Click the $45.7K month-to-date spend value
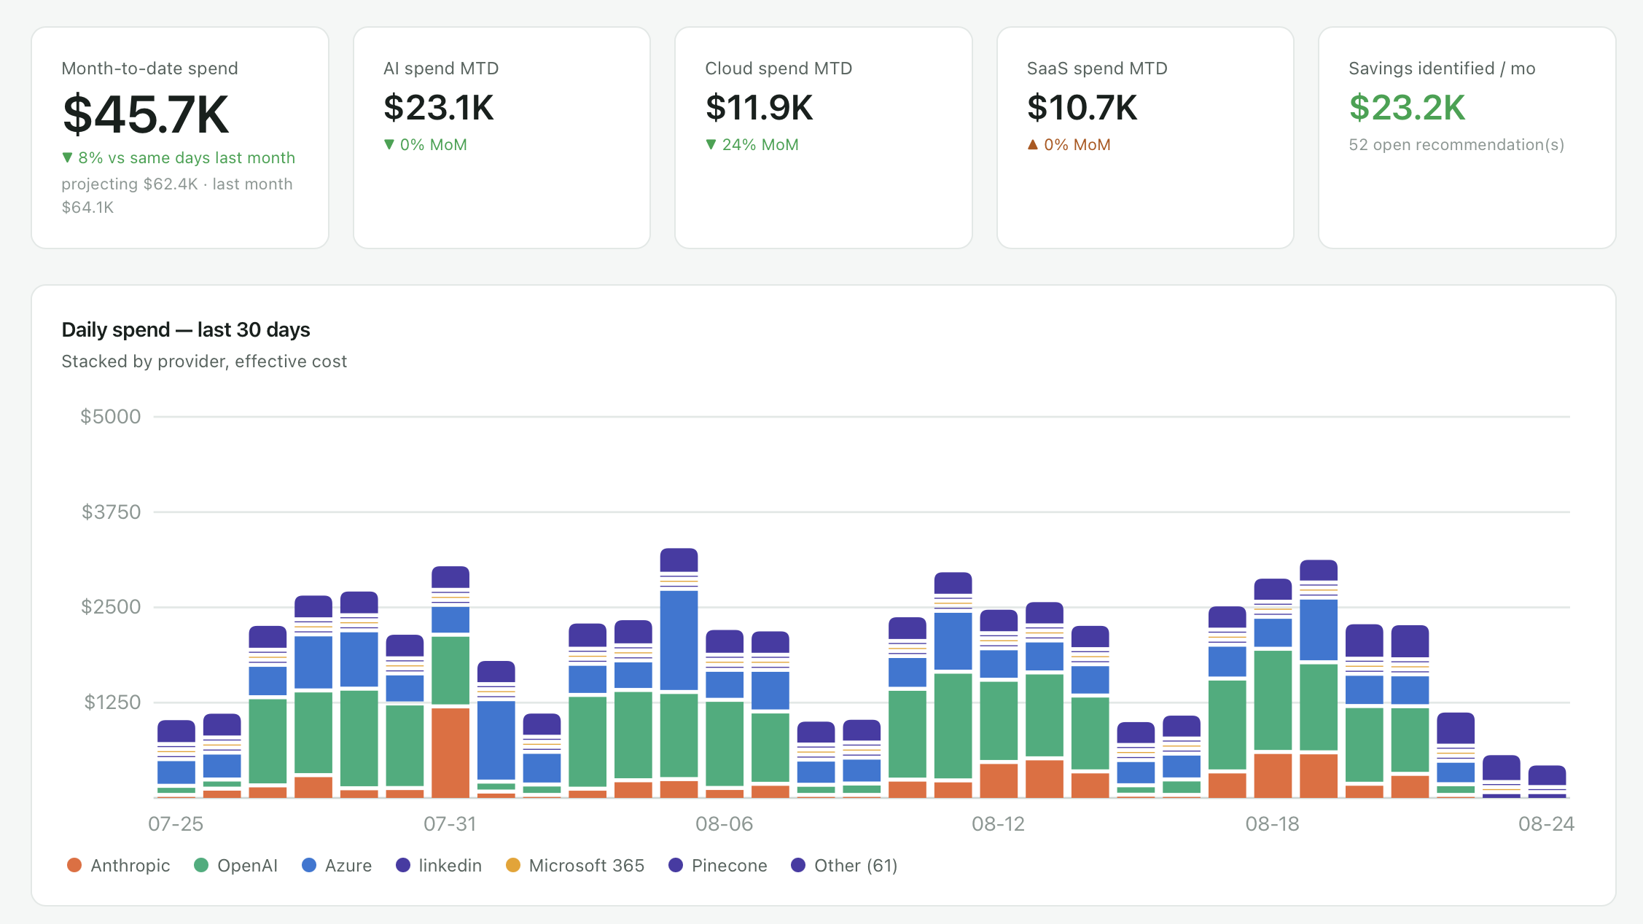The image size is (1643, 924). pos(146,114)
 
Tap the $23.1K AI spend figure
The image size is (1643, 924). pos(439,108)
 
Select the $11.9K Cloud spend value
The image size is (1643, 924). pos(759,108)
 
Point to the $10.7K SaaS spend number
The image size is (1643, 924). pos(1082,108)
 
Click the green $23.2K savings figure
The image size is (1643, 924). pos(1407,108)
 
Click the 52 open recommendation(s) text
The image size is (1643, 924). pos(1456,145)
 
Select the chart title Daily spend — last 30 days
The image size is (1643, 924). pos(186,330)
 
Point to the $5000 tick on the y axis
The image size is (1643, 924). pos(111,417)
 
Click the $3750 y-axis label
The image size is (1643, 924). pos(111,512)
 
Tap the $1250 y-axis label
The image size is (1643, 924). pos(112,702)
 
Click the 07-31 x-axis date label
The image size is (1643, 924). pos(450,824)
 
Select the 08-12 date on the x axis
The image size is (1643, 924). pos(998,824)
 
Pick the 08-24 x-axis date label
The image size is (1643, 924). pos(1546,824)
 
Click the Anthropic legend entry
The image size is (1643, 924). pos(119,866)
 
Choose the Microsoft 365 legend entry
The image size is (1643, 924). pos(575,866)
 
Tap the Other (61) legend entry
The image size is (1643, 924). pos(844,866)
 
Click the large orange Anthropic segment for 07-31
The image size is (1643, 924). pos(450,753)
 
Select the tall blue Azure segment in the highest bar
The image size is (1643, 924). pos(679,641)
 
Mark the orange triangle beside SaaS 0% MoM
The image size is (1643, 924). pos(1032,145)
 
